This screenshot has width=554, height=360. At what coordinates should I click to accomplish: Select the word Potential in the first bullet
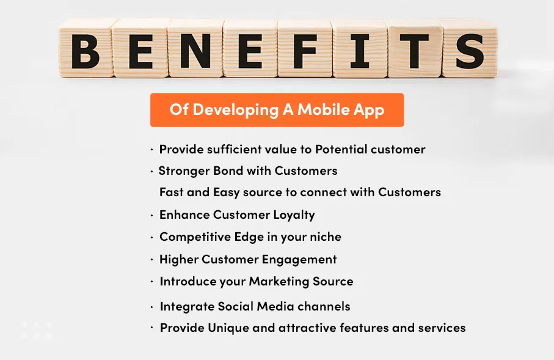[342, 149]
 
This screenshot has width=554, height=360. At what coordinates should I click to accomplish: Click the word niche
[324, 237]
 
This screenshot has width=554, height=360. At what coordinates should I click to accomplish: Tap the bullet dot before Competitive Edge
[151, 237]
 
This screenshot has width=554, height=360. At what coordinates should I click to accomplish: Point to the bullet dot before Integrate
[151, 306]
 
